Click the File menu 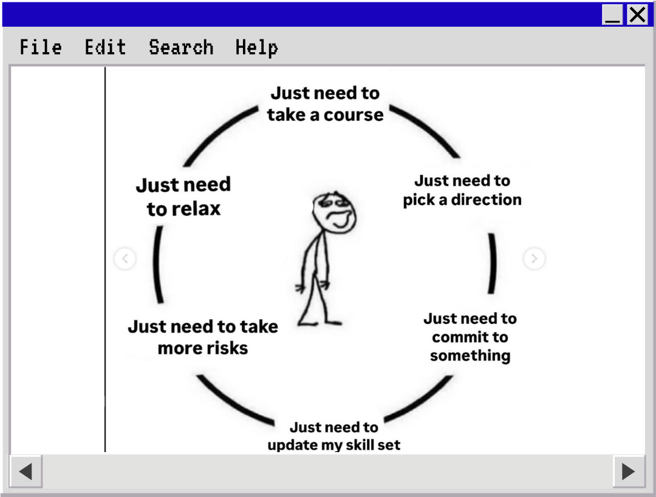[x=41, y=47]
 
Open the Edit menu [x=105, y=47]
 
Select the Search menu [x=181, y=47]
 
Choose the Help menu [x=256, y=47]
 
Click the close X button [x=637, y=15]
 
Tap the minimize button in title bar [x=613, y=15]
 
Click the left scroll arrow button [x=26, y=471]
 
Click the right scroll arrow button [x=629, y=471]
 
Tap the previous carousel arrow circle [x=125, y=259]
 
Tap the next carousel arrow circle [x=534, y=259]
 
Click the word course [x=354, y=115]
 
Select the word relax [x=194, y=209]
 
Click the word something [x=470, y=356]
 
